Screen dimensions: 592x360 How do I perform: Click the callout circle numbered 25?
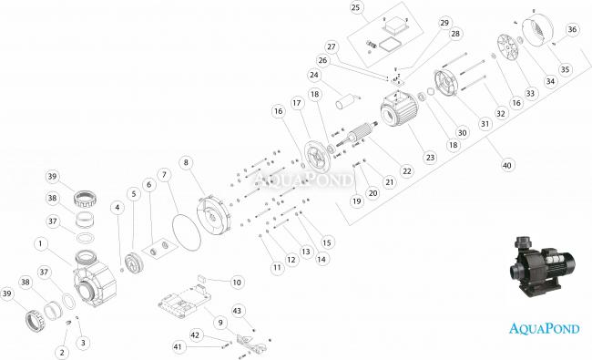355,7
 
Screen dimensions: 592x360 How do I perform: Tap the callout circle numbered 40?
507,165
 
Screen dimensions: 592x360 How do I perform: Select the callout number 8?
186,162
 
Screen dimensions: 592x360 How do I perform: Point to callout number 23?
431,158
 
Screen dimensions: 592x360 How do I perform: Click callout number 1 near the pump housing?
40,243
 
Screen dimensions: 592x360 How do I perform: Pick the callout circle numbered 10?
237,283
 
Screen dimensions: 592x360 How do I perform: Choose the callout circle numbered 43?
237,311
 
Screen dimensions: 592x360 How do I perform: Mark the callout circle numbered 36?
572,29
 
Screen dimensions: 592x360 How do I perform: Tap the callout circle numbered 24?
314,75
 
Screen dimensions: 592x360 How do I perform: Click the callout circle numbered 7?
164,175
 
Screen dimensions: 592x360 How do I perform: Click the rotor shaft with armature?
353,137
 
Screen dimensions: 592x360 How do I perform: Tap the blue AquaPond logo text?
545,328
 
